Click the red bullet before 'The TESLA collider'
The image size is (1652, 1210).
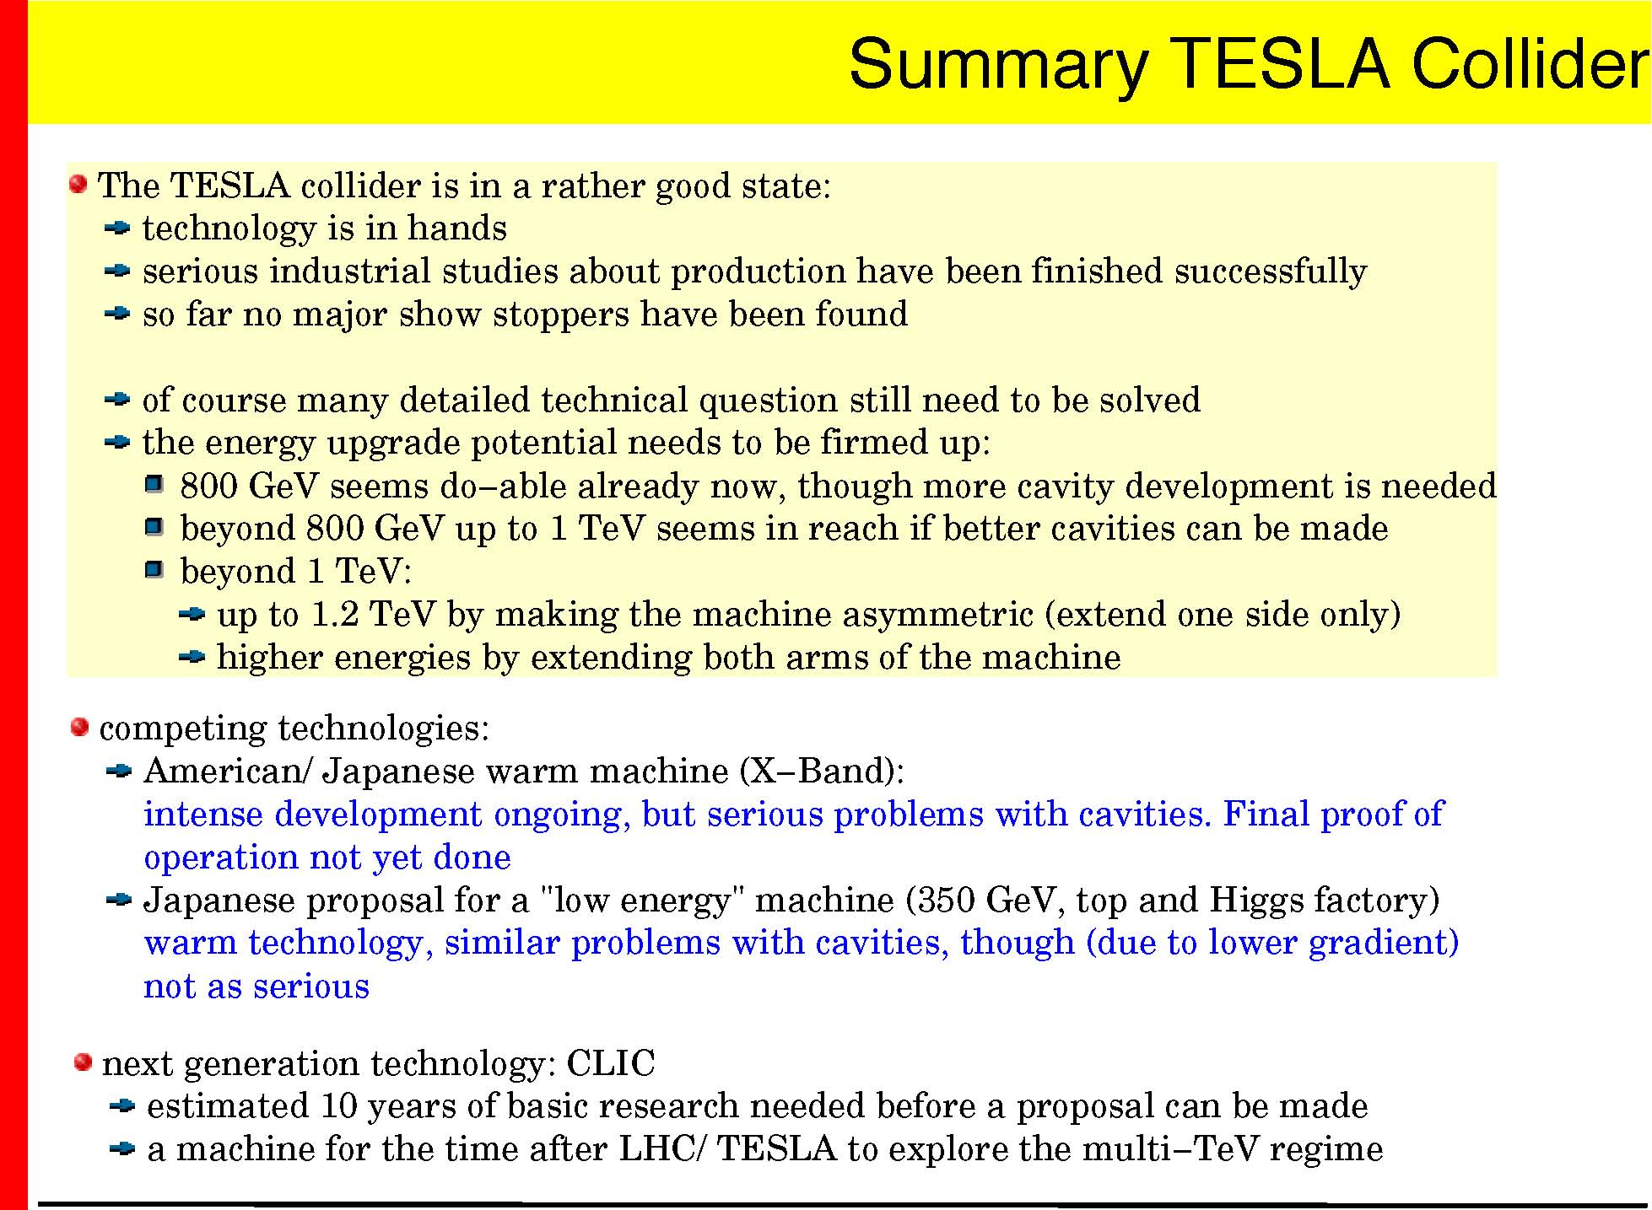coord(78,184)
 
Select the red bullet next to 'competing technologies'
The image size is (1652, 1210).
coord(79,727)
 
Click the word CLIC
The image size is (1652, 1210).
coord(610,1063)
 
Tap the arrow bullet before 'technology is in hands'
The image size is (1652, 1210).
coord(117,228)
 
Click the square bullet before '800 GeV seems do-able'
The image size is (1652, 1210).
coord(154,485)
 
